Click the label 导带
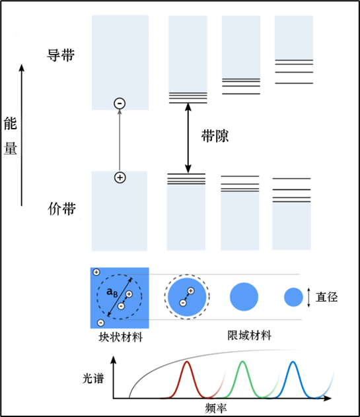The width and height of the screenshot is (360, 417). [x=61, y=55]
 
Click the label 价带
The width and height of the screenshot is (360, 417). [x=61, y=210]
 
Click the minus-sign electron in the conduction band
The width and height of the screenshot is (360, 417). [x=120, y=103]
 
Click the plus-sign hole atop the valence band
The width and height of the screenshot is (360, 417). [x=120, y=177]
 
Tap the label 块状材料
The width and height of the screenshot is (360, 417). [x=120, y=337]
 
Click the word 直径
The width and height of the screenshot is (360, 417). [x=328, y=298]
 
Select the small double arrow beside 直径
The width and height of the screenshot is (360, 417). [x=308, y=298]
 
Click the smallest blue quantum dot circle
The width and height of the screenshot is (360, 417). [x=293, y=298]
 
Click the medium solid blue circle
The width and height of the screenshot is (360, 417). [x=244, y=297]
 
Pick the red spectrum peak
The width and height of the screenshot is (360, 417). [x=188, y=369]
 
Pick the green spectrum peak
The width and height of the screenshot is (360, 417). [x=242, y=369]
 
